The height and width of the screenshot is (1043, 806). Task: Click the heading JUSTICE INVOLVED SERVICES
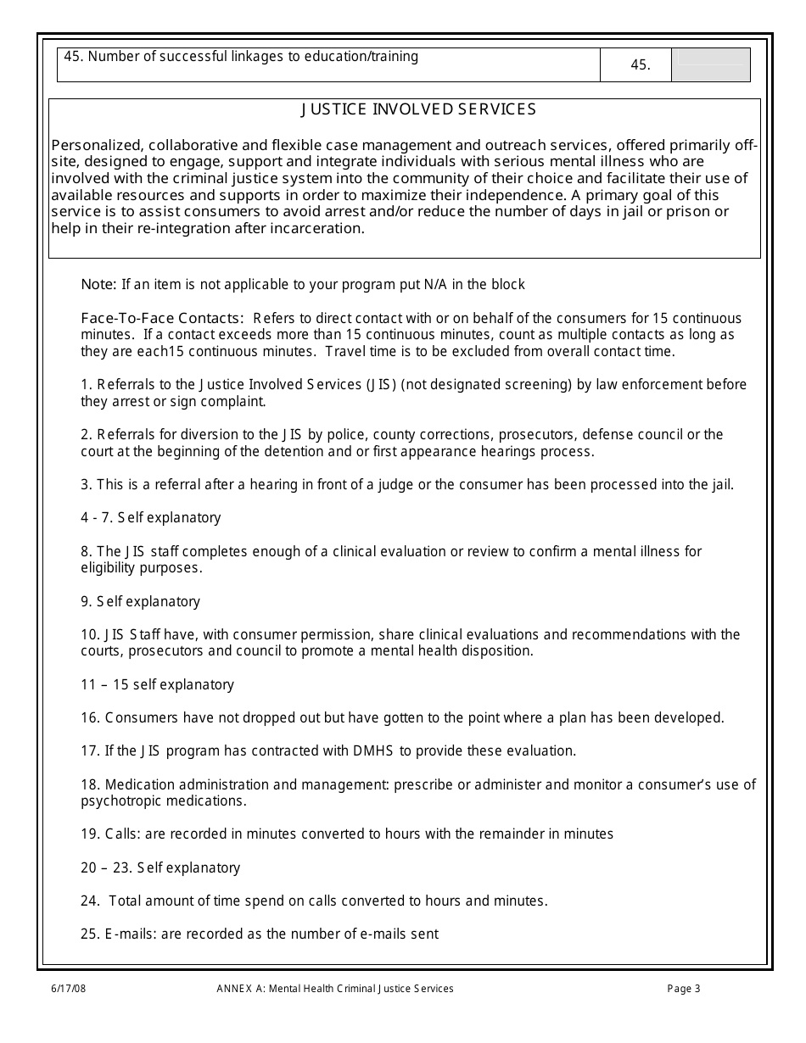[x=419, y=109]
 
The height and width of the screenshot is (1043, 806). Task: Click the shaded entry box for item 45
[x=710, y=64]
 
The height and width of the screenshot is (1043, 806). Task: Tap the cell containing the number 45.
[x=641, y=65]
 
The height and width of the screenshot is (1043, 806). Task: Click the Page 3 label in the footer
[x=684, y=989]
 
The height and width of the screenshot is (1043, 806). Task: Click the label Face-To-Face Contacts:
[x=162, y=319]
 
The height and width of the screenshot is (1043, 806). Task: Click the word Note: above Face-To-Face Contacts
[x=99, y=285]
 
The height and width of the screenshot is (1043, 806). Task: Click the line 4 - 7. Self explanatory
[x=151, y=518]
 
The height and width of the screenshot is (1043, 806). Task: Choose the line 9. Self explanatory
[x=141, y=602]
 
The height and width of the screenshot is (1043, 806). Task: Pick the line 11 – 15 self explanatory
[x=158, y=685]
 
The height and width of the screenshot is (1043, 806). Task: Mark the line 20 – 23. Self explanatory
[x=160, y=868]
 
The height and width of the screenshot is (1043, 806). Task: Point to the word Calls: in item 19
[x=123, y=834]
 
